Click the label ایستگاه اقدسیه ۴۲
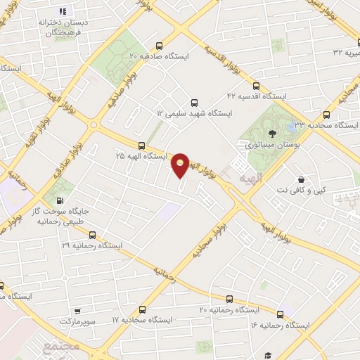click(257, 95)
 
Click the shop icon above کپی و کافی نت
click(302, 179)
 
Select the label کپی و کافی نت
click(302, 190)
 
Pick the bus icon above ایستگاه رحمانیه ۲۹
click(91, 236)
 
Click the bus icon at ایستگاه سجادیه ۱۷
click(143, 309)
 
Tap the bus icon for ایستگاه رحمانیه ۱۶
click(281, 314)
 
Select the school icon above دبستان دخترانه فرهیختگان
click(62, 12)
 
